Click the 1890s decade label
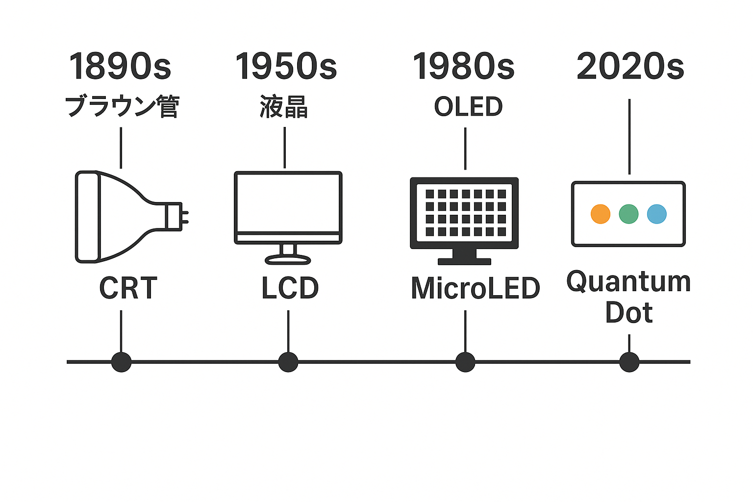(x=120, y=66)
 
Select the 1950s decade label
(x=286, y=66)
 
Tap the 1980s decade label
(x=464, y=66)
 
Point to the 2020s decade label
(x=630, y=66)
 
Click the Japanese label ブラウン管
(x=122, y=106)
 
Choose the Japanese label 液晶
(x=284, y=106)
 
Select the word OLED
(x=468, y=106)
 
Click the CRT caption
(x=128, y=288)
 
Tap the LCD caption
(x=290, y=288)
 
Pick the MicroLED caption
(x=476, y=288)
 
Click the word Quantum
(x=628, y=282)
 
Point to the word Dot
(x=629, y=312)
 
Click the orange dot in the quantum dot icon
(x=601, y=214)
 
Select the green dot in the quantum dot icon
(x=628, y=214)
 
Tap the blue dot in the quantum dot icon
(x=657, y=214)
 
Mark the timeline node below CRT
(x=122, y=362)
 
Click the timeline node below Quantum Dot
(x=629, y=362)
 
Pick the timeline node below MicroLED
(x=465, y=362)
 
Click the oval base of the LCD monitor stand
(x=288, y=259)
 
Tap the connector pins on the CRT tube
(x=185, y=217)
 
